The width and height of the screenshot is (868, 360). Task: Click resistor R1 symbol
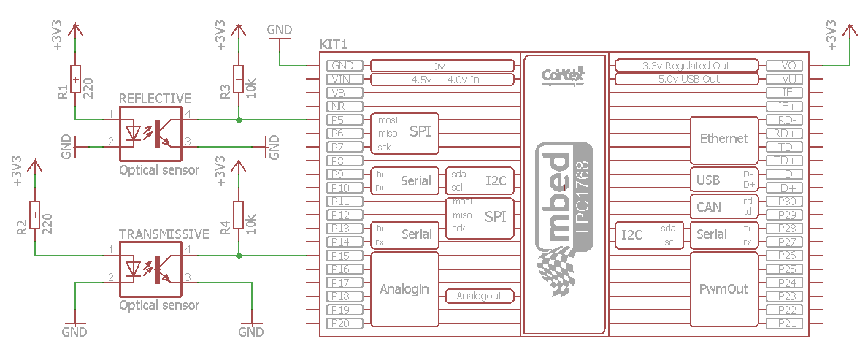[75, 80]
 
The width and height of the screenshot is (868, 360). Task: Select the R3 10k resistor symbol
[238, 80]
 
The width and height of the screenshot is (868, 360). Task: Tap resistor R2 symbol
[34, 216]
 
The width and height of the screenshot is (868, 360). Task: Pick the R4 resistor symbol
[238, 216]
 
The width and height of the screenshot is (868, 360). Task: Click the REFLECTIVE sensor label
[155, 99]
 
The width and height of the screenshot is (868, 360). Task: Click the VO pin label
[788, 66]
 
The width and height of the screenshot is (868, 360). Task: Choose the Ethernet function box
[723, 138]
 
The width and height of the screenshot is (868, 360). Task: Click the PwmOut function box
[723, 289]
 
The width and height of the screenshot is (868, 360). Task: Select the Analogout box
[480, 296]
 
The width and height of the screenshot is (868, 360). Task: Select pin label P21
[786, 323]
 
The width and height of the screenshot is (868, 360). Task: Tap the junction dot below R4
[238, 256]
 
